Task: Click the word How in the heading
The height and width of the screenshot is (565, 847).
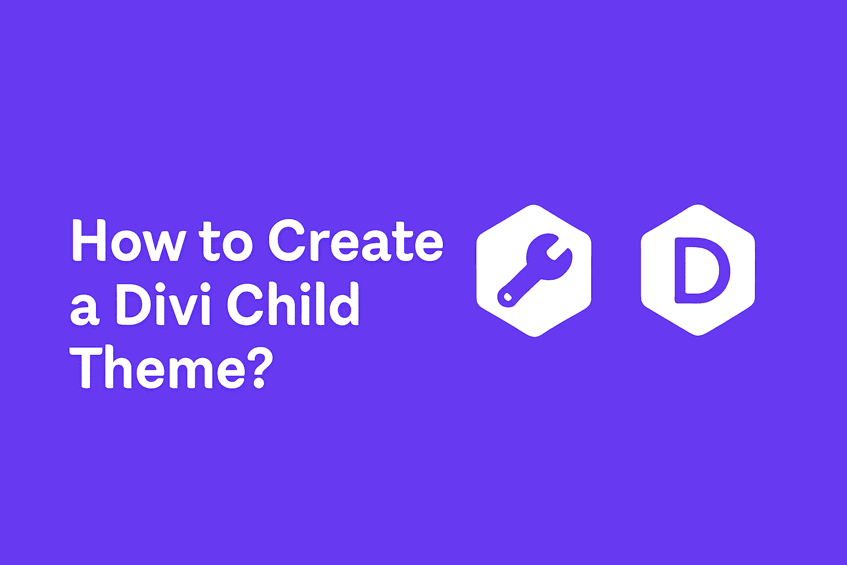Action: click(x=128, y=241)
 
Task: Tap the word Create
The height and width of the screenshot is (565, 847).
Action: click(x=356, y=241)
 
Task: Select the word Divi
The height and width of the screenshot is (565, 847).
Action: click(x=163, y=304)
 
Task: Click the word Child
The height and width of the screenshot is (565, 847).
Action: click(x=293, y=303)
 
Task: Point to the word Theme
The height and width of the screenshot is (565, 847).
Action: click(x=157, y=367)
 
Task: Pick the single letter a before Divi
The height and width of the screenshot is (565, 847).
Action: click(x=85, y=310)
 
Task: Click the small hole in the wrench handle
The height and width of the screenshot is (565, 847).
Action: click(x=508, y=297)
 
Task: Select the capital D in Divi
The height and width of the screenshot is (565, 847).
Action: click(x=134, y=303)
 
